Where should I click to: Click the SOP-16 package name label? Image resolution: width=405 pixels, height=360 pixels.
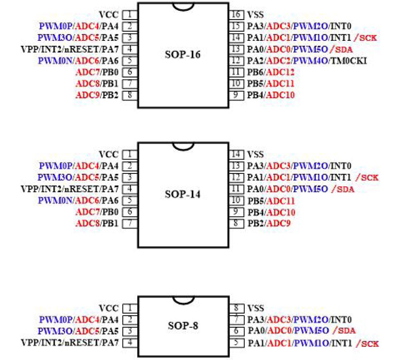tap(183, 55)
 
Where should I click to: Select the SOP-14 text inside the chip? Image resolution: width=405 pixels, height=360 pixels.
tap(183, 194)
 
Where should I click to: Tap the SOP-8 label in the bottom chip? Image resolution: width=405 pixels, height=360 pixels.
tap(183, 326)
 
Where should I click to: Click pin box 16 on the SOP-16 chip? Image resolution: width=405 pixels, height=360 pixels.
tap(236, 14)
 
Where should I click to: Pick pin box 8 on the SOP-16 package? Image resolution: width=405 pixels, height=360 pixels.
tap(130, 95)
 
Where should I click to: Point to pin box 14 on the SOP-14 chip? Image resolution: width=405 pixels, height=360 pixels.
tap(236, 154)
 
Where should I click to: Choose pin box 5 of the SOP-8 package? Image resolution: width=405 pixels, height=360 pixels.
tap(236, 343)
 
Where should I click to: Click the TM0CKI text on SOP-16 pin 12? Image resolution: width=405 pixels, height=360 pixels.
tap(348, 61)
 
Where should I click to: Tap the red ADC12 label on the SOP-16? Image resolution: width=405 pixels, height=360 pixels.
tap(280, 72)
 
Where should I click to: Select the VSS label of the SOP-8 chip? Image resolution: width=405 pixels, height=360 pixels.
tap(256, 308)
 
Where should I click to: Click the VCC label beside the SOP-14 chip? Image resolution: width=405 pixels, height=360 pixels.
tap(109, 155)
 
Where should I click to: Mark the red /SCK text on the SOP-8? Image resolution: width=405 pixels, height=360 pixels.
tap(368, 343)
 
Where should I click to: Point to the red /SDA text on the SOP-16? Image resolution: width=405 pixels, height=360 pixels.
tap(342, 49)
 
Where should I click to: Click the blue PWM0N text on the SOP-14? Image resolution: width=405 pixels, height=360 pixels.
tap(55, 200)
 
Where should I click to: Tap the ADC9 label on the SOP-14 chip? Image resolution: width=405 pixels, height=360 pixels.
tap(278, 223)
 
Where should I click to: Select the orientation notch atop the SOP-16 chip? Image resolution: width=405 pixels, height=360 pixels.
tap(183, 7)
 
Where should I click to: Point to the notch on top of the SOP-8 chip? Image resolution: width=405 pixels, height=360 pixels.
tap(183, 301)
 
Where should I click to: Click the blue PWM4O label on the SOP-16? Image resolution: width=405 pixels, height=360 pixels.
tap(311, 61)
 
